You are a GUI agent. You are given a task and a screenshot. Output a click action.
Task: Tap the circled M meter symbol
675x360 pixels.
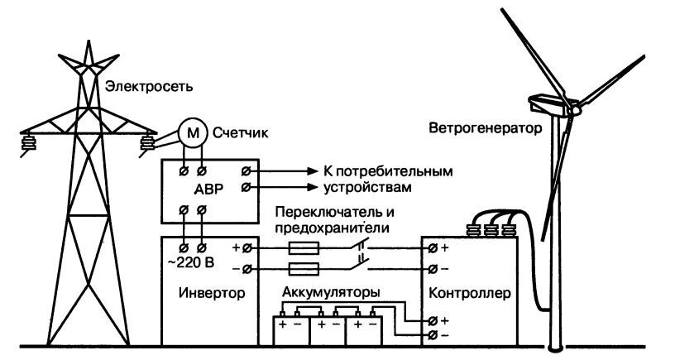[x=191, y=133]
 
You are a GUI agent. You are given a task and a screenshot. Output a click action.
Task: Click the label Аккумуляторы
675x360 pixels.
[x=331, y=292]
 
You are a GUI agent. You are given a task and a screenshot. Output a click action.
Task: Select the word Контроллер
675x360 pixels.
[x=465, y=294]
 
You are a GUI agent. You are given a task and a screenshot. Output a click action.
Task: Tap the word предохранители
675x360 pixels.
[x=331, y=226]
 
